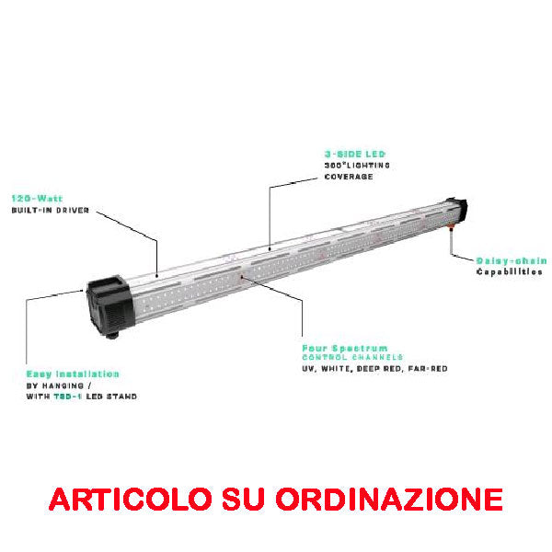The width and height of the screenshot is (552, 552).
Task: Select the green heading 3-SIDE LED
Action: [355, 155]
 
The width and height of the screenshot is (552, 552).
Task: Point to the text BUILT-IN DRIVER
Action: [51, 211]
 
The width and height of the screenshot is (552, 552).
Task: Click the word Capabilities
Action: [509, 272]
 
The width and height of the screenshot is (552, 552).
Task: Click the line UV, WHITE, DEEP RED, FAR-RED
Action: [375, 369]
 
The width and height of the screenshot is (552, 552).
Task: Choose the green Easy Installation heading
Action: [73, 374]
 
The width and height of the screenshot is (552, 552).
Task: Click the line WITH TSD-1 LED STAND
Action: [82, 397]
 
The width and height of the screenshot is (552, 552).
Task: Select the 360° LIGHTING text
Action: [357, 166]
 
